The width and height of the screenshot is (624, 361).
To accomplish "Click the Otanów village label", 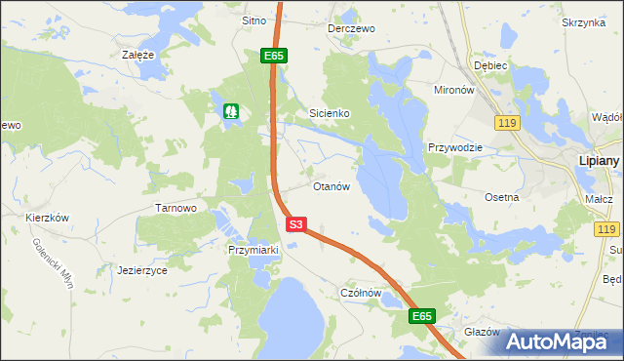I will pyautogui.click(x=331, y=186).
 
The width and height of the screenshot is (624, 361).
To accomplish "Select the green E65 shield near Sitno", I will pyautogui.click(x=273, y=57).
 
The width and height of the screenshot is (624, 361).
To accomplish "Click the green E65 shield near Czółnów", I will pyautogui.click(x=420, y=316).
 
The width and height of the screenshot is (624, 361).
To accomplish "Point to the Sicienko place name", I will pyautogui.click(x=330, y=113).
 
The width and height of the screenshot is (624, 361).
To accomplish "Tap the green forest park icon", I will pyautogui.click(x=231, y=111).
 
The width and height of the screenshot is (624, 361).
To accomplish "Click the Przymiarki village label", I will pyautogui.click(x=253, y=250).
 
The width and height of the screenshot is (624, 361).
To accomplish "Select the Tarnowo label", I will pyautogui.click(x=176, y=208).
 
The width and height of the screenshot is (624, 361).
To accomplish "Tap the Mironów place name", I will pyautogui.click(x=453, y=89).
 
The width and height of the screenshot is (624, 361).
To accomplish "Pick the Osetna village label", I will pyautogui.click(x=502, y=196).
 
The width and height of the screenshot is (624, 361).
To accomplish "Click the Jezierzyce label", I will pyautogui.click(x=142, y=269).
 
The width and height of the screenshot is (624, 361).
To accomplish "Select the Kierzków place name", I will pyautogui.click(x=47, y=218).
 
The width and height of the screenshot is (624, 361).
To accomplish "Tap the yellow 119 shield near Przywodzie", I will pyautogui.click(x=505, y=122).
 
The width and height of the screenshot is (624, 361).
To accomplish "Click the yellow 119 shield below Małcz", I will pyautogui.click(x=606, y=228).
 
